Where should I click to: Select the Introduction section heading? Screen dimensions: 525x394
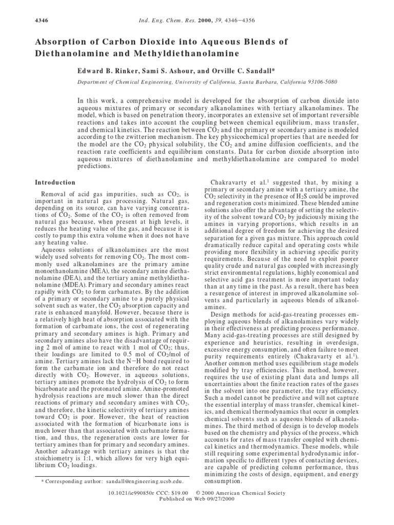pos(55,183)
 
